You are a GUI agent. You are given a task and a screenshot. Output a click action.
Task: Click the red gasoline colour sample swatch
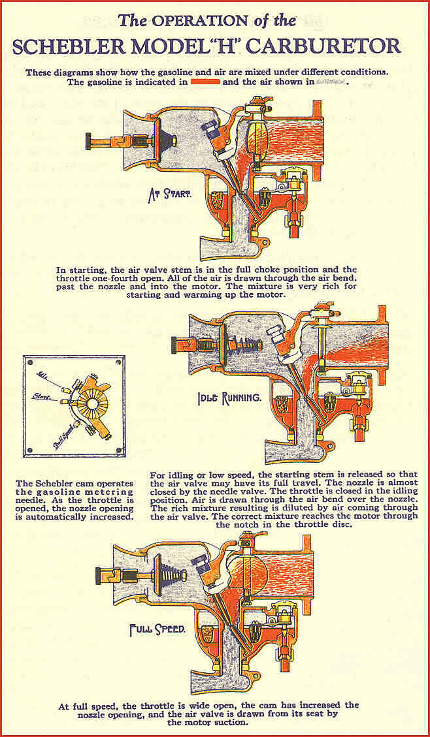pos(204,82)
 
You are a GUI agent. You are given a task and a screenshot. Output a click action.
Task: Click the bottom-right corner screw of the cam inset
pos(118,450)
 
